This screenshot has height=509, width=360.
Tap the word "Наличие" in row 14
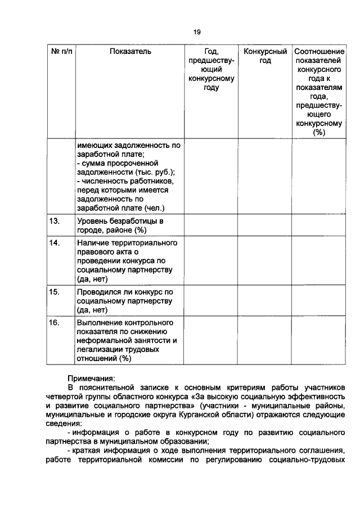pyautogui.click(x=92, y=242)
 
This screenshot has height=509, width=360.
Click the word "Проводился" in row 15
pyautogui.click(x=99, y=292)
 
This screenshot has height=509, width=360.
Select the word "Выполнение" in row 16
pyautogui.click(x=100, y=323)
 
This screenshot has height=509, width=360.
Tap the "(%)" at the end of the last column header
pyautogui.click(x=319, y=132)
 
